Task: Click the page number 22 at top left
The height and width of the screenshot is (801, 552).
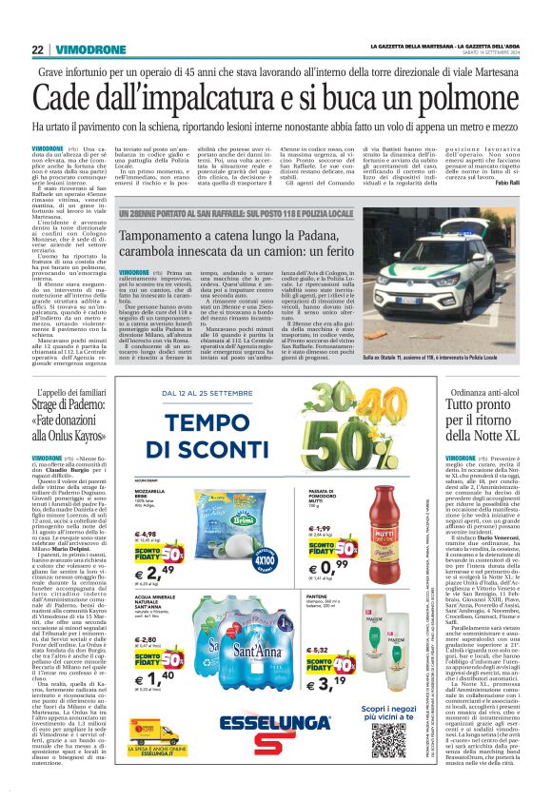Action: click(38, 49)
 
